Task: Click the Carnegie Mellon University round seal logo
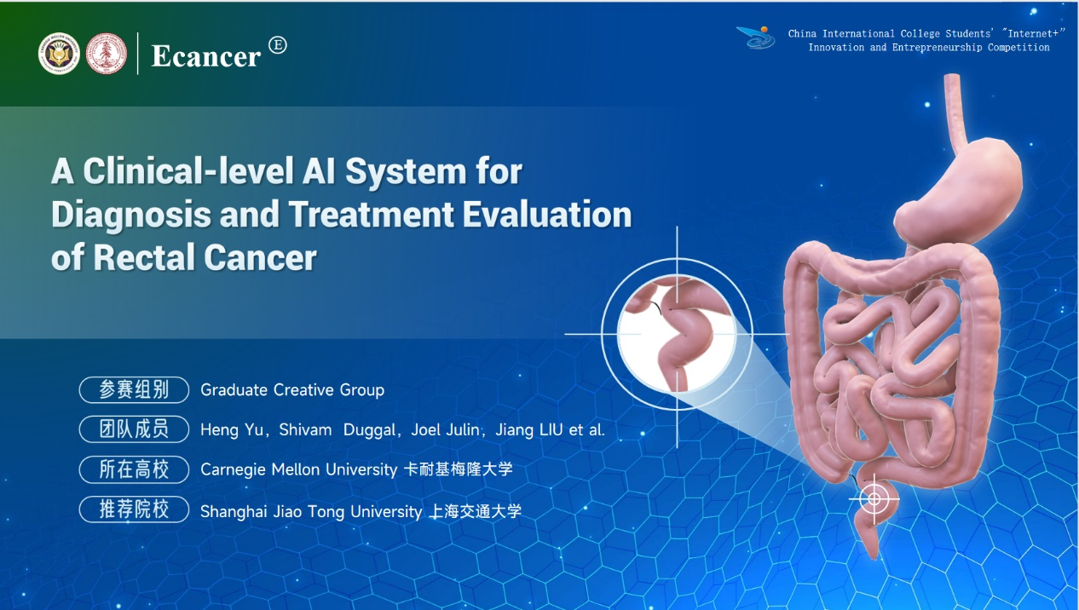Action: tap(59, 54)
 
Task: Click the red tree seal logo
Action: tap(107, 54)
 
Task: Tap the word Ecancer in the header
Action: tap(206, 56)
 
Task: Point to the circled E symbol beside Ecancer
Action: tap(278, 45)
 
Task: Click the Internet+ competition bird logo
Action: tap(756, 37)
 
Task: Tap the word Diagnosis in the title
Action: tap(131, 215)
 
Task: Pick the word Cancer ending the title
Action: tap(260, 257)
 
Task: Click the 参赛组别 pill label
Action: tap(134, 389)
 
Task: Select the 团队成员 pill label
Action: tap(134, 429)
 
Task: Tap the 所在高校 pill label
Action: tap(134, 469)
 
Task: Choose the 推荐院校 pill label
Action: tap(134, 509)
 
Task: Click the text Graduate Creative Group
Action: tap(292, 390)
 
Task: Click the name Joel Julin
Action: tap(445, 429)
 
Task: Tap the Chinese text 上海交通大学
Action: tap(475, 511)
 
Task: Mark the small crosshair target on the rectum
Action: tap(874, 498)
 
